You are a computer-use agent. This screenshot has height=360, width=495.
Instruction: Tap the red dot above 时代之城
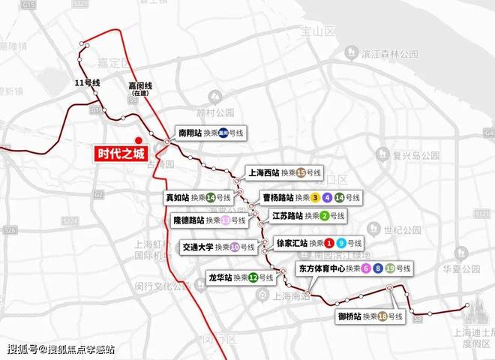[x=138, y=139]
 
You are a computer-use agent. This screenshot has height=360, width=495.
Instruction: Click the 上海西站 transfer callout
[x=285, y=172]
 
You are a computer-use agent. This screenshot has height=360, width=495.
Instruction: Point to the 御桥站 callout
[x=370, y=316]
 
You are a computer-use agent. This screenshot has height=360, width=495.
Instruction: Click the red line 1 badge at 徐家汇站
[x=328, y=243]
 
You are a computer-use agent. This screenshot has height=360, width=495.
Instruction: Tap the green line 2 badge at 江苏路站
[x=324, y=216]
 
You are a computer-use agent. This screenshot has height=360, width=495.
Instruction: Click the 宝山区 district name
[x=311, y=31]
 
